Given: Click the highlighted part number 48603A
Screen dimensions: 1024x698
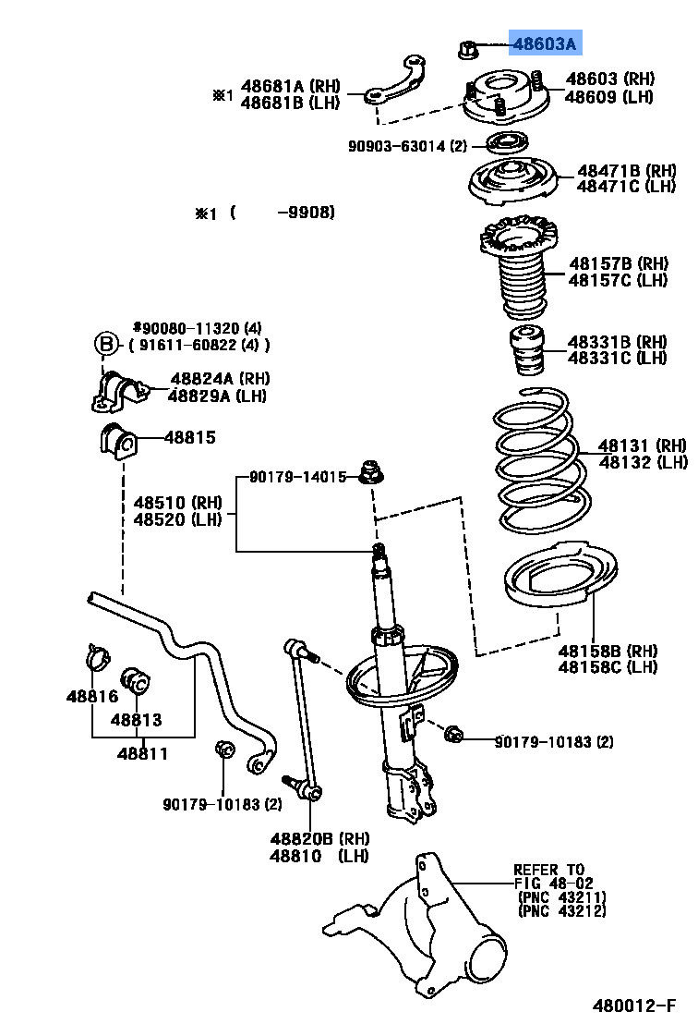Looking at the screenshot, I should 545,43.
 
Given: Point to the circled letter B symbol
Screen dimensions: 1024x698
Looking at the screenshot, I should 107,345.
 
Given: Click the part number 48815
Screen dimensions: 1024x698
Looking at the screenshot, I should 190,437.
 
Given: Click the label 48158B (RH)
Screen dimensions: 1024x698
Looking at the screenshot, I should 608,650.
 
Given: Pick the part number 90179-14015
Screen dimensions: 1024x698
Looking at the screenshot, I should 297,478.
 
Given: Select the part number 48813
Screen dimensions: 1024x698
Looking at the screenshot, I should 137,719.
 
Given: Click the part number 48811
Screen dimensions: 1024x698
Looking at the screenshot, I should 142,753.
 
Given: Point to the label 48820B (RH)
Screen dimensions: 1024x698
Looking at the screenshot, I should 319,839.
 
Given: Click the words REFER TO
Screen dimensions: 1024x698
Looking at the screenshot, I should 548,870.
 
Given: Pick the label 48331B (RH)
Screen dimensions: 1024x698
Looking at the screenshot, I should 617,342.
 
